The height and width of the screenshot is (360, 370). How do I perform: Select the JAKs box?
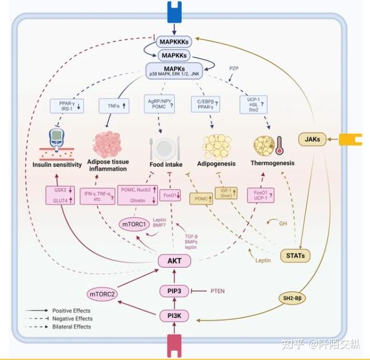pos(312,140)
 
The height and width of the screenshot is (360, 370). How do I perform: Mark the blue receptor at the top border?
pos(175,9)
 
